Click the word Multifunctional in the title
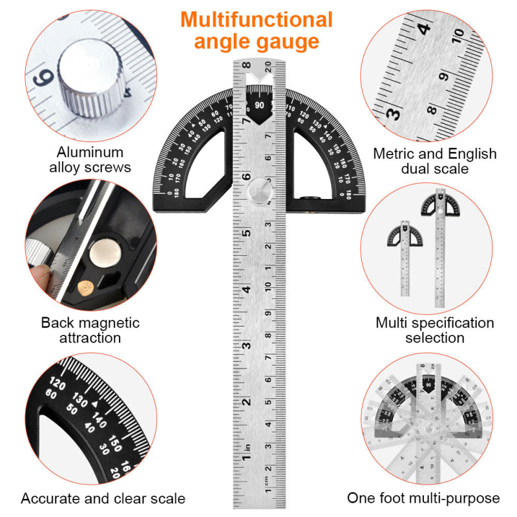[257, 19]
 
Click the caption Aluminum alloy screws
[90, 160]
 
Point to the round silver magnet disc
[105, 251]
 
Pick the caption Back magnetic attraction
[90, 330]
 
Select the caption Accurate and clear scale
[103, 498]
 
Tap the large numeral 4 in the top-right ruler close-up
[424, 28]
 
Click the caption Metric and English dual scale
[435, 161]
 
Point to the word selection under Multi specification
[435, 338]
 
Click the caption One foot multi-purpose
[423, 498]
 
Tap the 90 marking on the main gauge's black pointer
[260, 105]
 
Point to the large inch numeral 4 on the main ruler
[246, 289]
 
